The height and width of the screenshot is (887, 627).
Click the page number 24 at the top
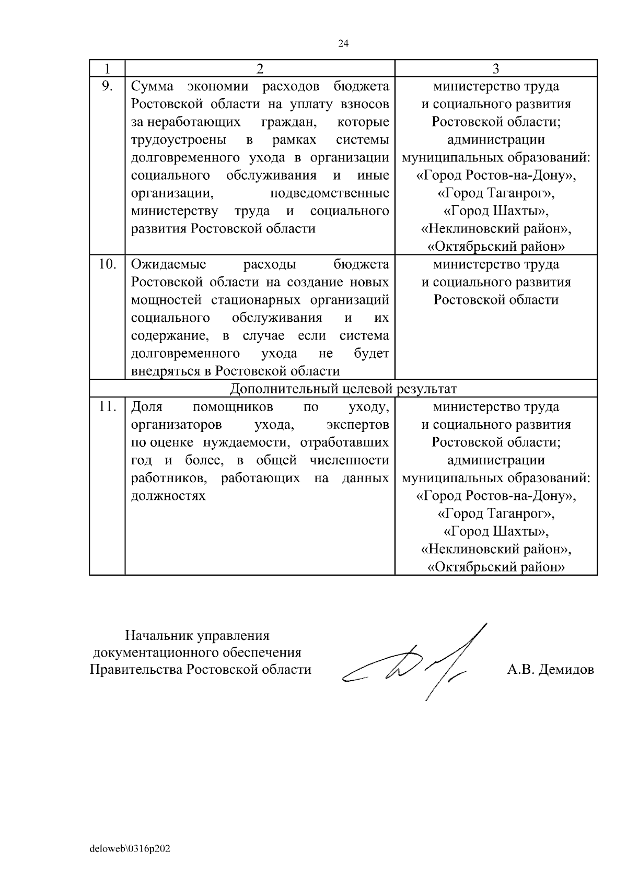click(343, 44)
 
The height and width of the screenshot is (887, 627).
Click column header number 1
click(107, 68)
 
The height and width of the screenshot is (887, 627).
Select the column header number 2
click(260, 68)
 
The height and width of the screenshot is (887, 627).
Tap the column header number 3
click(496, 68)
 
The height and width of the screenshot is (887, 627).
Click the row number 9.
click(107, 86)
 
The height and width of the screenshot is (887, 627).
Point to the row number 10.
click(107, 264)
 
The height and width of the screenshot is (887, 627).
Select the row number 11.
click(107, 406)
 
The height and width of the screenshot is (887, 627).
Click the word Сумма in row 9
click(152, 86)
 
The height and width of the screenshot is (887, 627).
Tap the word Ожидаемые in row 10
click(169, 264)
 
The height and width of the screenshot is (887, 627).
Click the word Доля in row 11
click(147, 406)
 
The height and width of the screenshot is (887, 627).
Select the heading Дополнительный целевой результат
click(343, 389)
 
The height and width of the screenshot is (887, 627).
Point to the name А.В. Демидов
click(550, 670)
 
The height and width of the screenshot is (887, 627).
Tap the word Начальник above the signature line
click(159, 636)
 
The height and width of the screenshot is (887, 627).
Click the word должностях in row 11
click(168, 496)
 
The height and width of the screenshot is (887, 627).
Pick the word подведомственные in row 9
click(330, 193)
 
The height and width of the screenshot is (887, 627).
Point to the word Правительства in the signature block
click(136, 670)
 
